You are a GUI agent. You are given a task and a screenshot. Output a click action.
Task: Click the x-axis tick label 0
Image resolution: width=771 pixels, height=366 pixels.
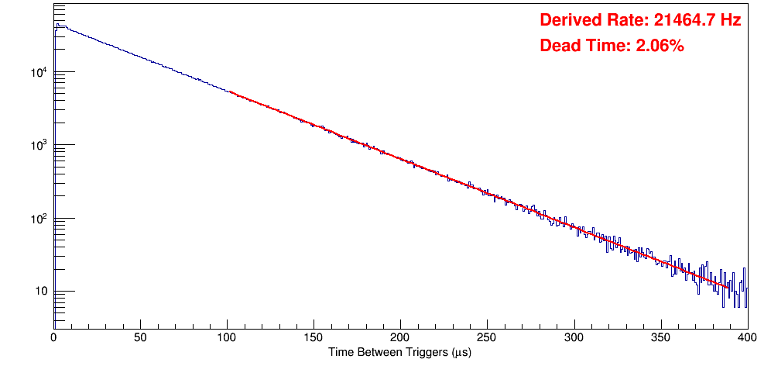pos(53,337)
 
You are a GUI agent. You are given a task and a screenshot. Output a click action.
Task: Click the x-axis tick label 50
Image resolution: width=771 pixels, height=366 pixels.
pos(140,337)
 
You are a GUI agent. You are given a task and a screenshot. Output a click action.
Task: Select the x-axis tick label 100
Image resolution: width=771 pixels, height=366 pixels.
pos(227,337)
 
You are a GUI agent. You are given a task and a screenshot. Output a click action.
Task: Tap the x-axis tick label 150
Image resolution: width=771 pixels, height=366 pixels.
pos(314,337)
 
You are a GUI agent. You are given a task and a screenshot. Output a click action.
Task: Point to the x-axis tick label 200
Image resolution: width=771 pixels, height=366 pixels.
pos(400,337)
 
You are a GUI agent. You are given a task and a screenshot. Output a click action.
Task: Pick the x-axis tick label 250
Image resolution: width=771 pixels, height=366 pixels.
pos(487,337)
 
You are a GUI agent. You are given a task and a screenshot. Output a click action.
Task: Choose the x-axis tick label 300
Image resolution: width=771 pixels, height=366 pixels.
pos(574,337)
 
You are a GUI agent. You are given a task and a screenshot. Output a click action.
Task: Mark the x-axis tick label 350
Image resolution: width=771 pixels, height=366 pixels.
pos(660,337)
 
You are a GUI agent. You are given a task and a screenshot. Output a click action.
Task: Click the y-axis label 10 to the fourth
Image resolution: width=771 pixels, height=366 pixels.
pos(39,72)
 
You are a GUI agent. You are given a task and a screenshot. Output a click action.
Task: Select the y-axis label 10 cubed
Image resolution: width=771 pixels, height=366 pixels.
pos(39,145)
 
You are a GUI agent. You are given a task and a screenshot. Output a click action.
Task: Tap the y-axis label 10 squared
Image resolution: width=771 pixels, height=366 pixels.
pos(39,218)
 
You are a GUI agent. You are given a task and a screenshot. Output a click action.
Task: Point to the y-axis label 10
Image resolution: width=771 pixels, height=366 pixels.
pos(39,292)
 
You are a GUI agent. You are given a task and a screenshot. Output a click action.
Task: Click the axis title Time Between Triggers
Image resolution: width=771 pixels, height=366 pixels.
pos(399,352)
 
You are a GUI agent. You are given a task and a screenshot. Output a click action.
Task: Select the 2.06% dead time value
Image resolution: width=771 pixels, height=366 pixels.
pos(660,47)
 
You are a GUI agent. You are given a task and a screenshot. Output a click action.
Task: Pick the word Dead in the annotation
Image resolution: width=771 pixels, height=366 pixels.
pos(559,47)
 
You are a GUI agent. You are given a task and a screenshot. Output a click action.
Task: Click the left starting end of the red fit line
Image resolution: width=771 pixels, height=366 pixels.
pos(231,91)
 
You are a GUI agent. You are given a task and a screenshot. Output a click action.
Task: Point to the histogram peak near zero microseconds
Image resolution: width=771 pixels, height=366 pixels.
pos(57,25)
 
